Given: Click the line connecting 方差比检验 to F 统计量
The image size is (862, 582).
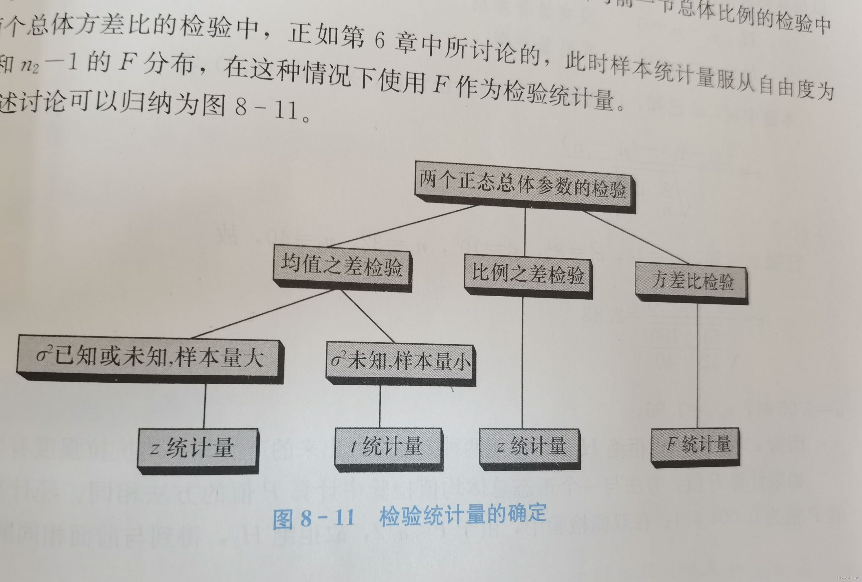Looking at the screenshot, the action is coord(697,365).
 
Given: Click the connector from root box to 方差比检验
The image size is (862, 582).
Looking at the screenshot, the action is coord(636,237).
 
